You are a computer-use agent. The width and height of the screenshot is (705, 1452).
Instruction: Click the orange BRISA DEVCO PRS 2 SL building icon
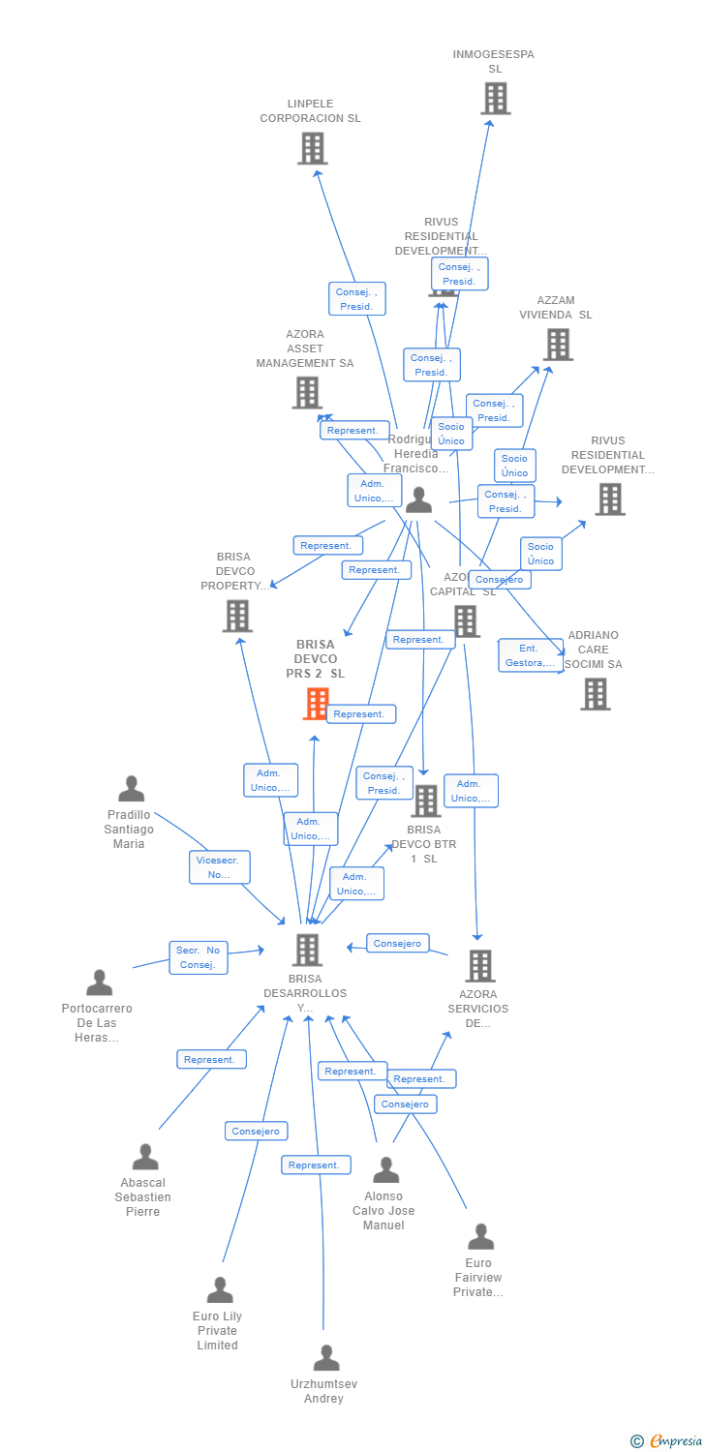point(317,704)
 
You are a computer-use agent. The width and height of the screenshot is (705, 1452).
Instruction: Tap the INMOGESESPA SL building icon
point(495,99)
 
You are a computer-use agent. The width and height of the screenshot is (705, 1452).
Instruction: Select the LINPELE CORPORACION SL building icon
point(312,148)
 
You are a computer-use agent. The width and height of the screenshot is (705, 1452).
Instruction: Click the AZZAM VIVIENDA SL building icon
point(558,345)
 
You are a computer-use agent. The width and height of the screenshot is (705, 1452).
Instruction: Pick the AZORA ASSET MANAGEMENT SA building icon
point(307,392)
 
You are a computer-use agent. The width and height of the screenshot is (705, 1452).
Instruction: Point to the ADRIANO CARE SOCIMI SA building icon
point(596,693)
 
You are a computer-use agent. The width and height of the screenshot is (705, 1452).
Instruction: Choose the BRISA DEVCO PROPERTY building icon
point(237,616)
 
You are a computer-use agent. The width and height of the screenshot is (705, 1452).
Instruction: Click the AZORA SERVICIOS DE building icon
point(480,965)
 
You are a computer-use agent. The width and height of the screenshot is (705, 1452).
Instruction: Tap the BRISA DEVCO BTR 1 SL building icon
point(426,801)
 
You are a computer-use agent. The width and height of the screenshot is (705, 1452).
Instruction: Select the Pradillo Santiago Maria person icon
point(131,789)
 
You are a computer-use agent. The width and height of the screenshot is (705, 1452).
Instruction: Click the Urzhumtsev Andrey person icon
point(326,1358)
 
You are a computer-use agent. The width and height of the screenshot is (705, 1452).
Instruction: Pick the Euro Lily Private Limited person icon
point(220,1290)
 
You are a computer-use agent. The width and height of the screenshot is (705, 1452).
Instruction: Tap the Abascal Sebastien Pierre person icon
point(145,1157)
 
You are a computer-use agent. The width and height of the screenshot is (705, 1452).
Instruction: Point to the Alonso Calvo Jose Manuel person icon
point(385,1170)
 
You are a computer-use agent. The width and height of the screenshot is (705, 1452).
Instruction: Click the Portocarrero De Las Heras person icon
point(99,983)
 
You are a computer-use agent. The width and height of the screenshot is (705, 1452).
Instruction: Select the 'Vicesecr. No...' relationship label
point(220,867)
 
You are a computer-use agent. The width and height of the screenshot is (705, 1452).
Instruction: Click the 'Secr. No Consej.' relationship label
point(199,957)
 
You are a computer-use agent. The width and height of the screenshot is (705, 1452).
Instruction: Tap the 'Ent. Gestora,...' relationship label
point(530,655)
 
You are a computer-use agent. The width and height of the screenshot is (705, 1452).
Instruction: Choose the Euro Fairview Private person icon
point(480,1236)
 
